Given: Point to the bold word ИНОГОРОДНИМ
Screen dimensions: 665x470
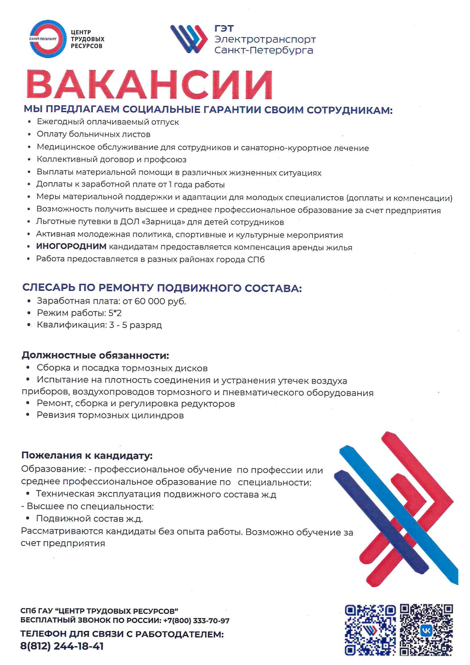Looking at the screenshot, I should [x=71, y=247].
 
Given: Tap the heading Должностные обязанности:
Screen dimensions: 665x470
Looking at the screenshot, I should [x=96, y=355].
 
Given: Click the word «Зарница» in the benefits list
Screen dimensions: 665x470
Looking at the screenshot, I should [x=161, y=222].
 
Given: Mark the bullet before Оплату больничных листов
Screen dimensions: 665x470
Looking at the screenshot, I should [x=29, y=135].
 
